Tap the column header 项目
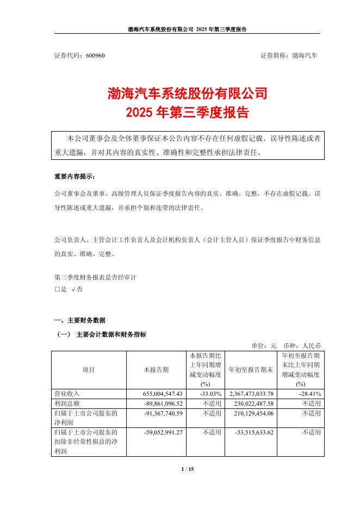tap(89, 370)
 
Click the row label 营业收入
tap(67, 394)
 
